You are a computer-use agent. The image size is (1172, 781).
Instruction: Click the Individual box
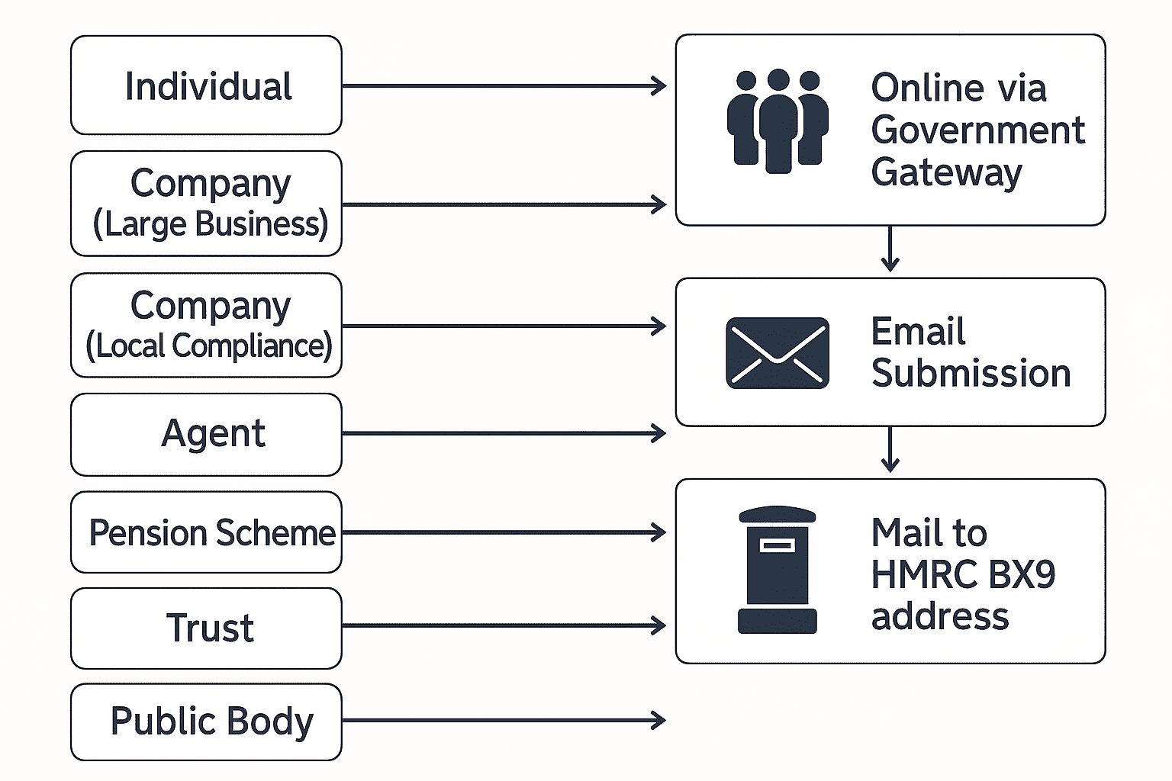206,85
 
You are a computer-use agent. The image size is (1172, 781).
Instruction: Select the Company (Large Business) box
206,204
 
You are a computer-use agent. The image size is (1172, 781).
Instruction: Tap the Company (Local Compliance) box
206,326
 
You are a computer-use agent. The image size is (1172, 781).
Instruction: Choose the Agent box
206,434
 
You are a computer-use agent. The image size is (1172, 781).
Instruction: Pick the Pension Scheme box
206,532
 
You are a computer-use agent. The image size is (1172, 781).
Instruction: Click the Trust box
206,628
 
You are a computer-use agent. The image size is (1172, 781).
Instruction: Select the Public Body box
206,722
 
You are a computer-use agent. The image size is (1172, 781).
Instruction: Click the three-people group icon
778,121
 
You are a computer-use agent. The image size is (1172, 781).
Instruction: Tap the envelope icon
778,353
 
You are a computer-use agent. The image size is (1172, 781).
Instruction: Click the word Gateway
946,172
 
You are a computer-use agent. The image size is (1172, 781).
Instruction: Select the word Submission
971,373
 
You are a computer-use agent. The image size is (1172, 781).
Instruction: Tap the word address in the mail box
940,616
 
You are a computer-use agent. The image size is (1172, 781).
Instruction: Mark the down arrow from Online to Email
890,250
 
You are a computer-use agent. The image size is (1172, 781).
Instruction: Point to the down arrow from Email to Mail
890,451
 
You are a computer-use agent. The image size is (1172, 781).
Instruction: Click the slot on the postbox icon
777,545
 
